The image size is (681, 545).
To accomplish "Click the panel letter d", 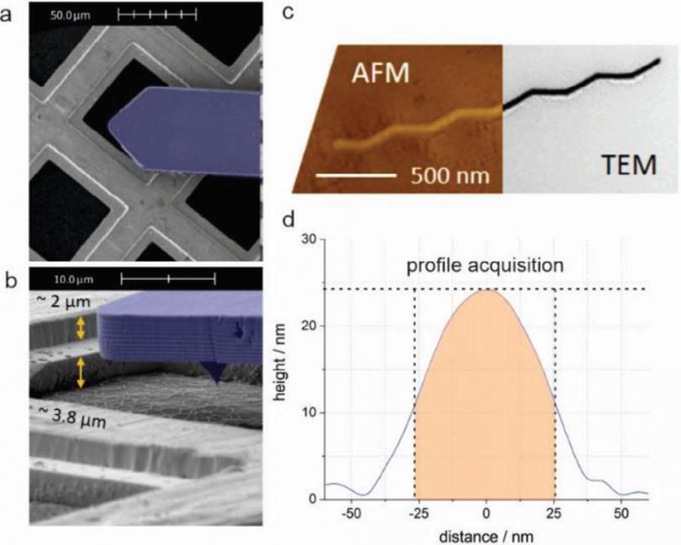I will click(x=288, y=222).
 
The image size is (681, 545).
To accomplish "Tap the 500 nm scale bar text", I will click(x=451, y=177).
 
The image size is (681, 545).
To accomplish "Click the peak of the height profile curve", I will click(x=485, y=290).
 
